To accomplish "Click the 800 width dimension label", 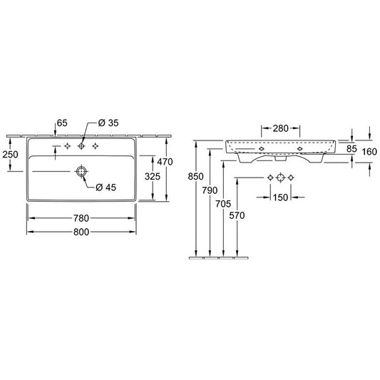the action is point(81,232).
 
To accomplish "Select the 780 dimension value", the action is point(81,218).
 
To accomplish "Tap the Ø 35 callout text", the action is point(108,123).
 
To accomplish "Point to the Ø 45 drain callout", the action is point(106,188).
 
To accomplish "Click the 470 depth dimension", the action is point(165,162).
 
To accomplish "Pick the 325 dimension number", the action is point(153,176).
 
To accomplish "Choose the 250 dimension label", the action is point(10,155).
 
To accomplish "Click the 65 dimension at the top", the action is point(62,123).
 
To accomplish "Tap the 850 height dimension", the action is point(195,176).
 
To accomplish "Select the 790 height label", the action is point(210,190).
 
